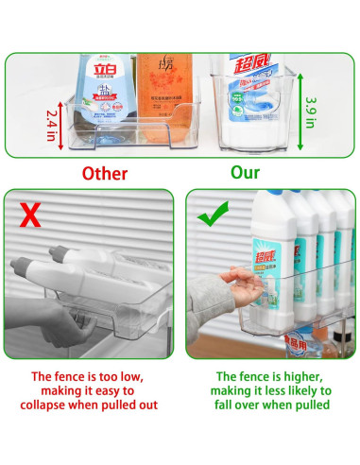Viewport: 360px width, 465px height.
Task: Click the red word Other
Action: point(105,173)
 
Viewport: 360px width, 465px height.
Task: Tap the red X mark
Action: point(30,216)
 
